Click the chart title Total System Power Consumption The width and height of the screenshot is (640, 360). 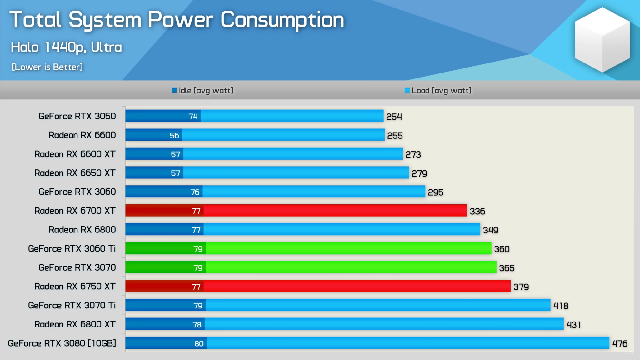pyautogui.click(x=177, y=20)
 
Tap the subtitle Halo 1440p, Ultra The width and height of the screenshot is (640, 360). pyautogui.click(x=66, y=47)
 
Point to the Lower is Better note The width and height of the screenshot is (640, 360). pyautogui.click(x=47, y=67)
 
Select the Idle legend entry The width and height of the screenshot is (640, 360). pyautogui.click(x=202, y=90)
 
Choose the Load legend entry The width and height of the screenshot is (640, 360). pyautogui.click(x=438, y=90)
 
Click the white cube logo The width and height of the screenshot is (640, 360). pyautogui.click(x=602, y=40)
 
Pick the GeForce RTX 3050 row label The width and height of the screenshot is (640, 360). pyautogui.click(x=77, y=116)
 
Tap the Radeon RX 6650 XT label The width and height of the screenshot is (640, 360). pyautogui.click(x=75, y=173)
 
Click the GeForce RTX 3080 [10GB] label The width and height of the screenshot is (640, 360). pyautogui.click(x=62, y=343)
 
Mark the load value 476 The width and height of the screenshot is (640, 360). pyautogui.click(x=620, y=343)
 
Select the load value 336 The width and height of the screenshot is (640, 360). pyautogui.click(x=477, y=211)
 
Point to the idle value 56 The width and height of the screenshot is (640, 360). pyautogui.click(x=174, y=135)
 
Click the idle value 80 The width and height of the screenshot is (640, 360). pyautogui.click(x=199, y=343)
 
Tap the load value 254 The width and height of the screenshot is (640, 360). pyautogui.click(x=394, y=117)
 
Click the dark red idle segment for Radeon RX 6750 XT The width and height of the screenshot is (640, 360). pyautogui.click(x=164, y=286)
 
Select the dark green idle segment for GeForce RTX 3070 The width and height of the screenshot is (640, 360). pyautogui.click(x=166, y=267)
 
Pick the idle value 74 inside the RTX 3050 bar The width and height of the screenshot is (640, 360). pyautogui.click(x=193, y=116)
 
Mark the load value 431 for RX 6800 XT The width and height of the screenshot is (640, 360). pyautogui.click(x=574, y=325)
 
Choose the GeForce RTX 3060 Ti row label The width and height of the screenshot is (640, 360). pyautogui.click(x=72, y=248)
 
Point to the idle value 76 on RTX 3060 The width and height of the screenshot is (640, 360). pyautogui.click(x=195, y=192)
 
